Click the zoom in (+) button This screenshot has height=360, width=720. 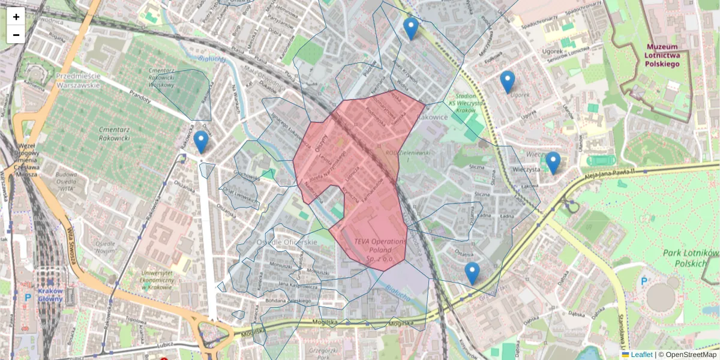pyautogui.click(x=16, y=17)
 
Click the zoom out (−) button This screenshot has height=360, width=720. pyautogui.click(x=16, y=35)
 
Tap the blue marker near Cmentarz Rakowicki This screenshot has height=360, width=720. pyautogui.click(x=201, y=142)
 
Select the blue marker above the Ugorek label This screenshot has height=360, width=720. pyautogui.click(x=508, y=82)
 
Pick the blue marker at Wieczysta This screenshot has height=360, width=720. pyautogui.click(x=553, y=162)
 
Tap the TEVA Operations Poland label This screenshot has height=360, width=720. pyautogui.click(x=380, y=250)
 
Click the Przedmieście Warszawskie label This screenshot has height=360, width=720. pyautogui.click(x=77, y=80)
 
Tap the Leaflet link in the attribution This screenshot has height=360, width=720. pyautogui.click(x=641, y=355)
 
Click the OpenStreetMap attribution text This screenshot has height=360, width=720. pyautogui.click(x=691, y=355)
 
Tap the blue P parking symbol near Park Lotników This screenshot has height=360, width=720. pyautogui.click(x=644, y=281)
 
